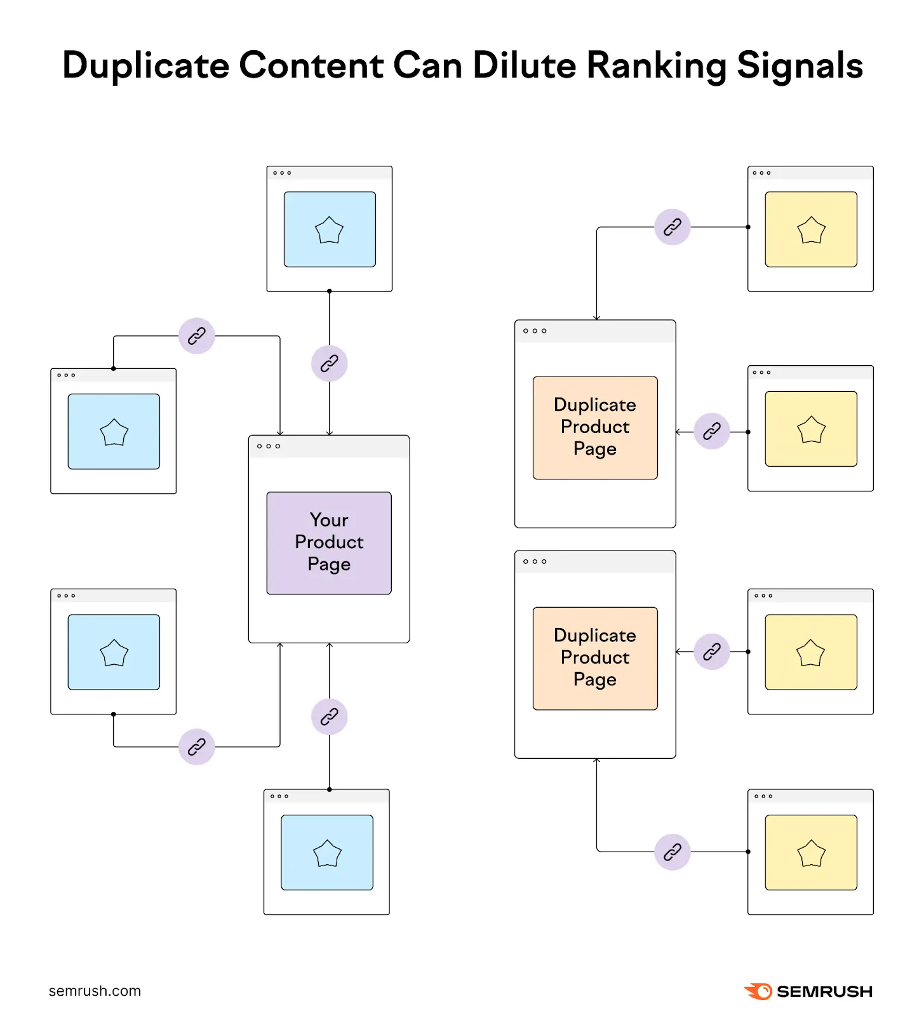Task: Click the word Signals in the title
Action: [800, 65]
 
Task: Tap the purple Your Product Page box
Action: [329, 543]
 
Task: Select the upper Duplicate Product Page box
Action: [595, 427]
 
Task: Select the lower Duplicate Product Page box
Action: [595, 658]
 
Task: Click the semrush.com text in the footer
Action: [95, 991]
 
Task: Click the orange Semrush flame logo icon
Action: [758, 991]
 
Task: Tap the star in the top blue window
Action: [329, 231]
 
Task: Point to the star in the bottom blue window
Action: [327, 853]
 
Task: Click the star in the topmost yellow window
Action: [811, 231]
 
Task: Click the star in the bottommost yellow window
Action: [811, 853]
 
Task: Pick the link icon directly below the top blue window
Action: [329, 364]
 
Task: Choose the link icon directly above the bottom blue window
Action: [329, 717]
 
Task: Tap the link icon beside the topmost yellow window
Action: [673, 227]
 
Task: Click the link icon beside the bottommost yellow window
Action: [673, 852]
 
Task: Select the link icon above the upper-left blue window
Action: [197, 336]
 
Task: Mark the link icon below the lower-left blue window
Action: [197, 747]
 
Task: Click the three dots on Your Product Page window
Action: [269, 446]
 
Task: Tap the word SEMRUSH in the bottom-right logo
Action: [824, 991]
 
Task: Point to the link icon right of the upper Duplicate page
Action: [712, 432]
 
